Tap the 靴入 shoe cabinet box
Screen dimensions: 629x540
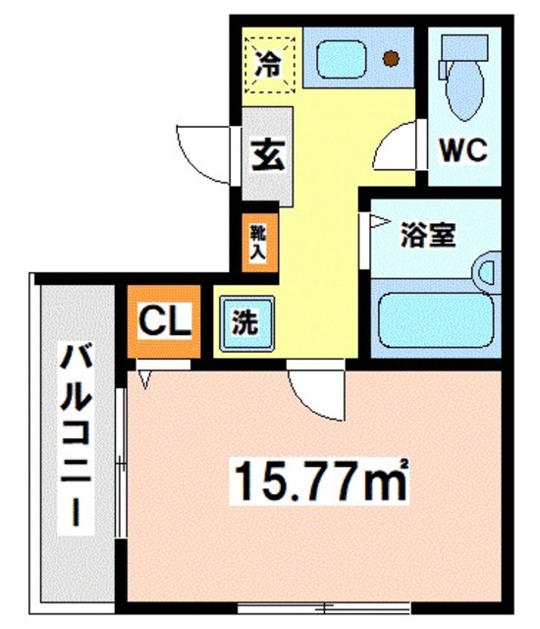(x=257, y=241)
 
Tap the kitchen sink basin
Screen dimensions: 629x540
(x=339, y=56)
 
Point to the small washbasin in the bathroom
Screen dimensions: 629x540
(x=486, y=270)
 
